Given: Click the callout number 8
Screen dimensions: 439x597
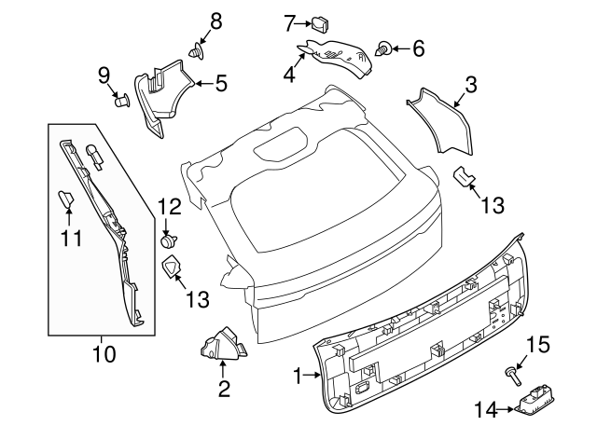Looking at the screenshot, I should click(215, 20).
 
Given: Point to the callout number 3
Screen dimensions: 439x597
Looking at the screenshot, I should click(470, 85).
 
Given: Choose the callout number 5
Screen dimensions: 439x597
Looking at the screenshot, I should click(221, 84).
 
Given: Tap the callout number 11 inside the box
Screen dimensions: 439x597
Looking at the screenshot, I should click(72, 238).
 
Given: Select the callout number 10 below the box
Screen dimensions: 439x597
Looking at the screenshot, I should click(104, 354).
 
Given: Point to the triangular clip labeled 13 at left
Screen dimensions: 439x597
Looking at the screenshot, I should click(173, 269).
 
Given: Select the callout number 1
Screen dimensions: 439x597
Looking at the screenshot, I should click(298, 377).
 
